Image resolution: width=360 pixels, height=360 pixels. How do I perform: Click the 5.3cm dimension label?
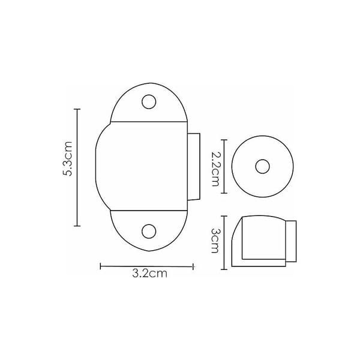pos(68,158)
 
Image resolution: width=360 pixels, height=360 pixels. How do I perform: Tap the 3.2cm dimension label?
pos(149,274)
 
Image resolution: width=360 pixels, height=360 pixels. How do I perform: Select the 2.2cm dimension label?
pos(215,169)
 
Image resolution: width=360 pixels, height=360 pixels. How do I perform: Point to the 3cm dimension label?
pos(215,241)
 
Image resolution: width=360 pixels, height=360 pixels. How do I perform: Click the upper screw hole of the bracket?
pos(149,102)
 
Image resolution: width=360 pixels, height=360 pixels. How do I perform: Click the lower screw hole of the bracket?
pos(149,231)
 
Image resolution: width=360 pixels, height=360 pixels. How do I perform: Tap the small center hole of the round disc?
pos(262,166)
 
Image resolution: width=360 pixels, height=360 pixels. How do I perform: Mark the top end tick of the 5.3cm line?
pos(77,109)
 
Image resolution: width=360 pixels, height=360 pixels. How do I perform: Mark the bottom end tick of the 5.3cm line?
pos(77,226)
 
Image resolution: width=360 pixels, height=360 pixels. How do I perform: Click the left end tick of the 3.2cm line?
pos(101,266)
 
